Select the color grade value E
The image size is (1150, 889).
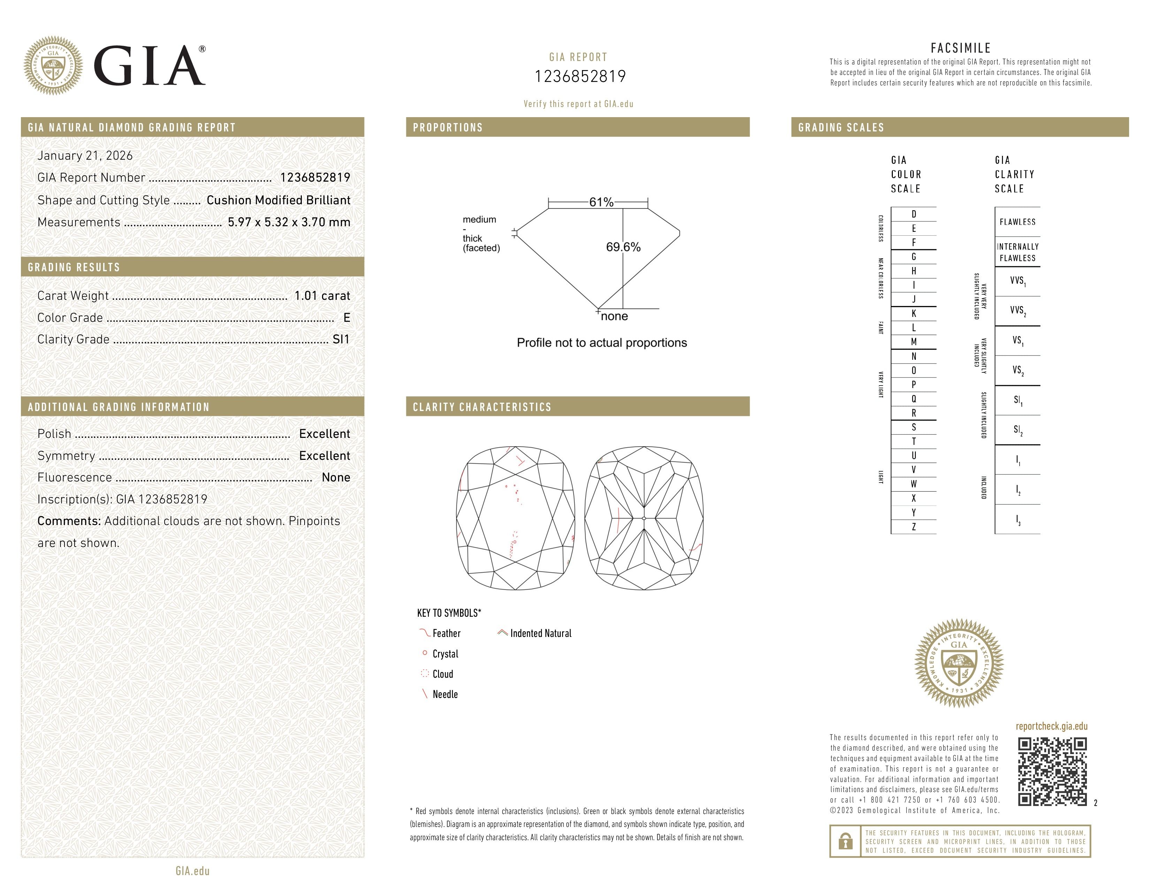pos(346,318)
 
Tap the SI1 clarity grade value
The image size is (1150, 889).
pos(341,340)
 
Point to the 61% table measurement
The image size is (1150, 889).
pos(601,202)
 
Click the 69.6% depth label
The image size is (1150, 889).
pos(623,247)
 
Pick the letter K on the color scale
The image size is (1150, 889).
pos(914,313)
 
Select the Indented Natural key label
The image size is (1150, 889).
pos(540,633)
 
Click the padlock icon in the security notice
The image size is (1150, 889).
pos(845,841)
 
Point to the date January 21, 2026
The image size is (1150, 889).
pos(85,155)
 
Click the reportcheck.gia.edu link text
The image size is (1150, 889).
pos(1051,726)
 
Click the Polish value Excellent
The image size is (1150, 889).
pos(324,434)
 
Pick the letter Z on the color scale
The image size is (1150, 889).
pos(914,527)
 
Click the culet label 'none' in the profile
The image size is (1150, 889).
pos(614,317)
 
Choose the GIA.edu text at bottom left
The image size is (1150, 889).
pos(192,871)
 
